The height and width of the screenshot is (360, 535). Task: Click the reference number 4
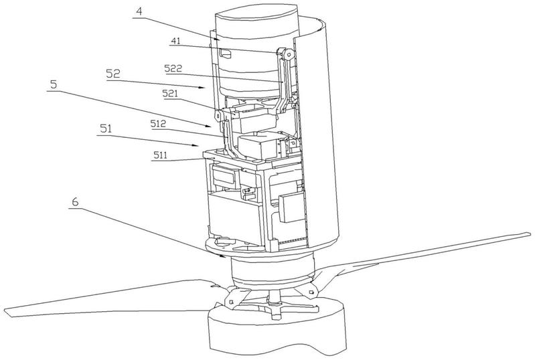click(x=139, y=11)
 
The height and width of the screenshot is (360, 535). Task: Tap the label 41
click(x=175, y=41)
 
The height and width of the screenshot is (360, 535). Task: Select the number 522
click(x=173, y=68)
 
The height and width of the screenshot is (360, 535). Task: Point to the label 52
click(x=113, y=74)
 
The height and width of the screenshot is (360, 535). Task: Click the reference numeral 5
click(x=54, y=84)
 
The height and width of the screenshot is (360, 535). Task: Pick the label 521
click(x=170, y=94)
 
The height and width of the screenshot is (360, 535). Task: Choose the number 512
click(x=158, y=123)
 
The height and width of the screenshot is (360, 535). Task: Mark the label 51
click(x=106, y=128)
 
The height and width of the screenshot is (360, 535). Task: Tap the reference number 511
click(x=160, y=155)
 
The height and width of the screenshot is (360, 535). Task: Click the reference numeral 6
click(x=75, y=201)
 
